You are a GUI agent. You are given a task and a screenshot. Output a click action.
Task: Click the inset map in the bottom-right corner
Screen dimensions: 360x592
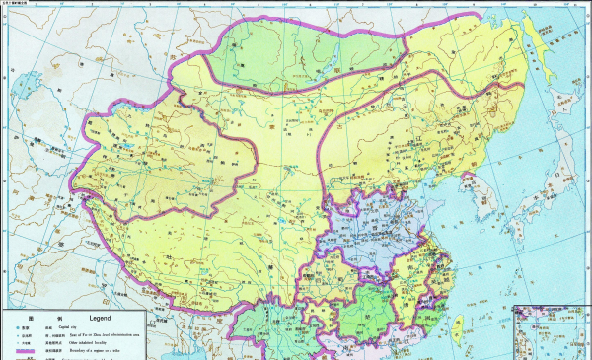(x=553, y=335)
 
